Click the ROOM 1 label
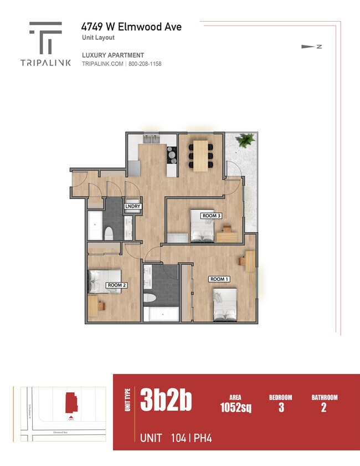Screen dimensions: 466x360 pyautogui.click(x=219, y=279)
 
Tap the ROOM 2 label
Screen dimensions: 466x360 pyautogui.click(x=116, y=285)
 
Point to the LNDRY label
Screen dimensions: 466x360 pyautogui.click(x=133, y=207)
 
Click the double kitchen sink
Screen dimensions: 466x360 pyautogui.click(x=150, y=139)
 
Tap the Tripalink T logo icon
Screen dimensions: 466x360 pyautogui.click(x=45, y=38)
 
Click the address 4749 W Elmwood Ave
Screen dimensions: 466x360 pyautogui.click(x=131, y=27)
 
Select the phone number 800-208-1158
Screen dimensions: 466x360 pyautogui.click(x=145, y=64)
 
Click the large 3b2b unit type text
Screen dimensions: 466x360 pyautogui.click(x=166, y=401)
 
